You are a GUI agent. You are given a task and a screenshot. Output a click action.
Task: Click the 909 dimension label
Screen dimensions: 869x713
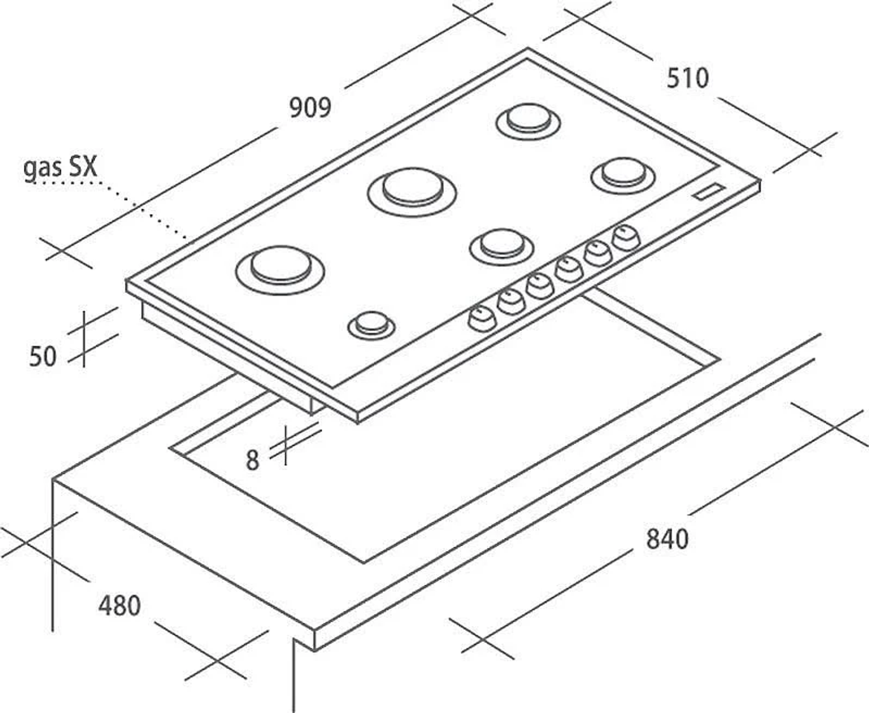(x=310, y=108)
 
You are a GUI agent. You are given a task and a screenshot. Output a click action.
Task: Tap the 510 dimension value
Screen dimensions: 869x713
(x=688, y=78)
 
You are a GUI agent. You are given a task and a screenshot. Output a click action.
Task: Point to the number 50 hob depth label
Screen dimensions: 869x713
(x=42, y=356)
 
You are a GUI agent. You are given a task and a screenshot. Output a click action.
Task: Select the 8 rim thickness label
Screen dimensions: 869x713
(x=252, y=460)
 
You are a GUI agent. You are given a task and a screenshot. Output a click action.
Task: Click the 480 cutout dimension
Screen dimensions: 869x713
(x=119, y=605)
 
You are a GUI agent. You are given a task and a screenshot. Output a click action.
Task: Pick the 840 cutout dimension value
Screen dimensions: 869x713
(x=668, y=539)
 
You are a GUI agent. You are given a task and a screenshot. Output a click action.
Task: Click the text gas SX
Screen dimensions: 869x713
(x=60, y=168)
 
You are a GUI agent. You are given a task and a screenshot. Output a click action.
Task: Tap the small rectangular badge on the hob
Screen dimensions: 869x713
(x=709, y=192)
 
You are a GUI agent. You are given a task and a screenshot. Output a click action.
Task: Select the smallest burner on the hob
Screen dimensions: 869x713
(x=372, y=325)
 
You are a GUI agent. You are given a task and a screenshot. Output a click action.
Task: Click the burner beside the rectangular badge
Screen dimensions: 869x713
(x=623, y=175)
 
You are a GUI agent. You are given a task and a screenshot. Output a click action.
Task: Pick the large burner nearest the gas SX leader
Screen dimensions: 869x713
(x=280, y=270)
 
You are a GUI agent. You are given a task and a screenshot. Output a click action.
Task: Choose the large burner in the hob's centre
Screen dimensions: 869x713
(x=412, y=192)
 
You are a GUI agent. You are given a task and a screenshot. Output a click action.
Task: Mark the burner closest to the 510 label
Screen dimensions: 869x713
(x=528, y=121)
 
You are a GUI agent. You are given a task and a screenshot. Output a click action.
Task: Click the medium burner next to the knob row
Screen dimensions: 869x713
(x=502, y=247)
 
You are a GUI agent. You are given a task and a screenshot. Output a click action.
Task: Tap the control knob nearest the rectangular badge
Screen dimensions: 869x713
(x=626, y=238)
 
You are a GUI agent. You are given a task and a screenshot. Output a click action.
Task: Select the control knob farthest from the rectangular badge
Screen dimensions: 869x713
(x=482, y=318)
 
